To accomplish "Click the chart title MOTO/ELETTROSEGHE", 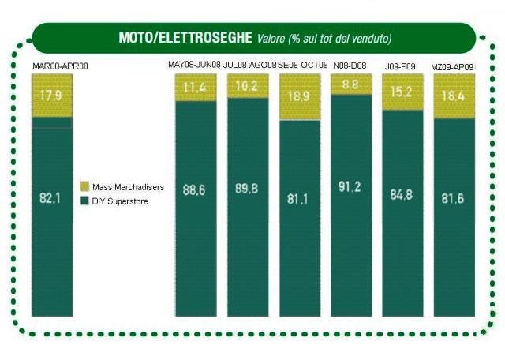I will pos(185,37).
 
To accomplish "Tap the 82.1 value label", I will pos(51,196).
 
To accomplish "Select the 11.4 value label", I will pos(195,88).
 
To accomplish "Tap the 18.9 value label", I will pos(299,96).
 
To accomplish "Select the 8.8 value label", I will pos(351,84).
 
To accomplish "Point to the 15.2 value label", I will pos(402,92).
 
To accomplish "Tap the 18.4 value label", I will pos(454,96).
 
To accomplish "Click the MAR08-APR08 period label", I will pos(60,66).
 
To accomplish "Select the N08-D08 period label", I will pos(350,64).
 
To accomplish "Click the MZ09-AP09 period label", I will pos(453,66).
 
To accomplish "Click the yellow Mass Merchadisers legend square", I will pos(84,186).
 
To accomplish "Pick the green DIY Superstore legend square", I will pos(84,201).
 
